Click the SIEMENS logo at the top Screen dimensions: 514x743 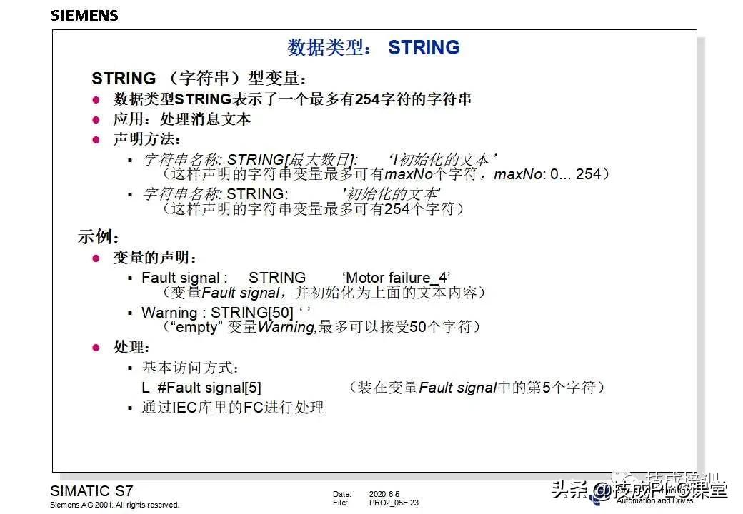(84, 15)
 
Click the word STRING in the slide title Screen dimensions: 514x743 (424, 48)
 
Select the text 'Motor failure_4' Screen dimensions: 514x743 (397, 277)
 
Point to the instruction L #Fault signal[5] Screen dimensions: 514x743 (201, 388)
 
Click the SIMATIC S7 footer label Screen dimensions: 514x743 (91, 491)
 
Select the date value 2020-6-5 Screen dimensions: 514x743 (384, 494)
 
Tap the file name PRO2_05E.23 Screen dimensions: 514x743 (394, 503)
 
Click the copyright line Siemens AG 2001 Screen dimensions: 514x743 (114, 505)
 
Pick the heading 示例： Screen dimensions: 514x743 (99, 237)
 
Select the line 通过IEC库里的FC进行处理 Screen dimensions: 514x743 (233, 408)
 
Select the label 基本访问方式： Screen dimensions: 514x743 (191, 368)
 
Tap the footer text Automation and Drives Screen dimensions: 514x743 (654, 500)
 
